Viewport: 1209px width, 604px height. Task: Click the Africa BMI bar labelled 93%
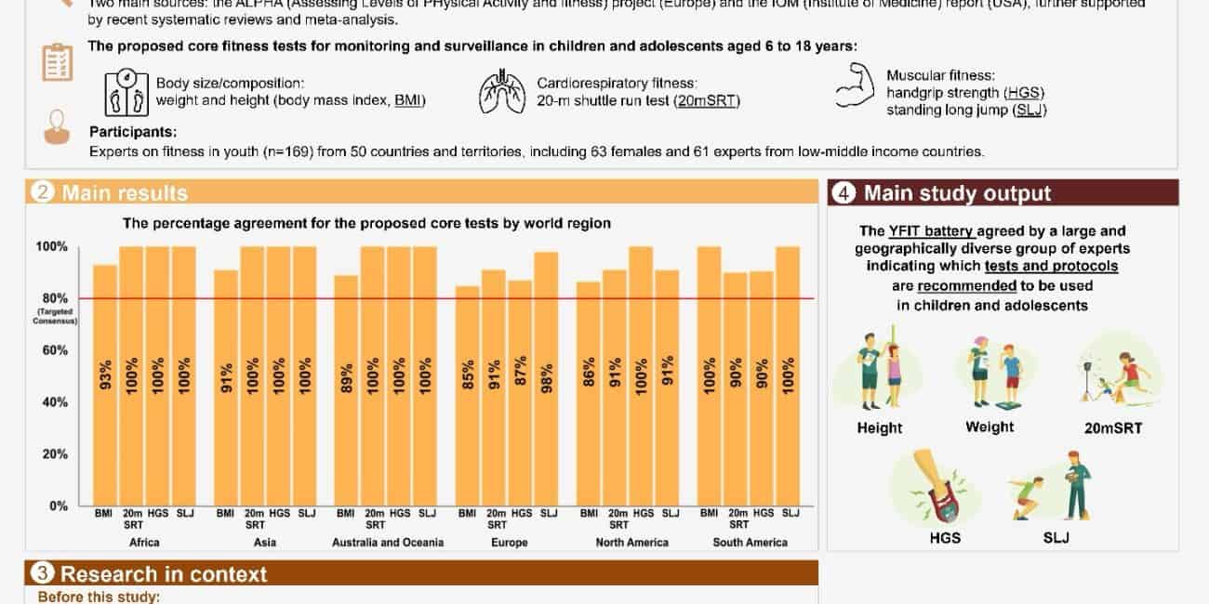(105, 385)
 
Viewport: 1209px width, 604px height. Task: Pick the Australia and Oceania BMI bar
(346, 390)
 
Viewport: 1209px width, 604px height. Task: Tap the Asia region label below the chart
(253, 542)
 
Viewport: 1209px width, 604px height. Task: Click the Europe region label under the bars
(509, 542)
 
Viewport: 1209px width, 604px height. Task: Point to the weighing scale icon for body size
(126, 93)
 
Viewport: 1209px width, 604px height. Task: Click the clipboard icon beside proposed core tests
(58, 62)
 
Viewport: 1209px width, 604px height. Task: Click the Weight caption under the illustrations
(990, 427)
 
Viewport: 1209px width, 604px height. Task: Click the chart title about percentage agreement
(367, 223)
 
